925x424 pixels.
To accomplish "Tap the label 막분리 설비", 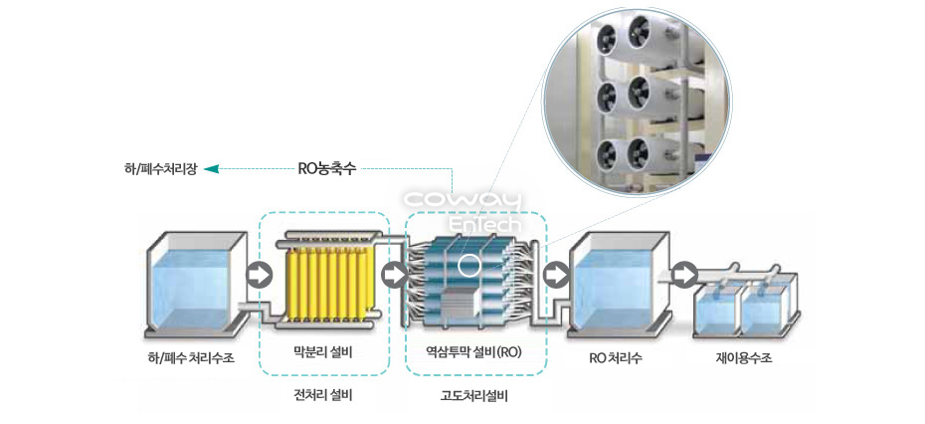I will pos(323,352).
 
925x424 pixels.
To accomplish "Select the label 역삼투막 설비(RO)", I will pos(473,352).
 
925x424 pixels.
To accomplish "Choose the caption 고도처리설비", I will pos(474,395).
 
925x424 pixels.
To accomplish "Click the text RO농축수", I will pos(327,169).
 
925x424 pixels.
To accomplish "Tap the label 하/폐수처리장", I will pos(164,170).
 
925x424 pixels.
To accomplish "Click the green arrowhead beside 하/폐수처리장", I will pos(212,170).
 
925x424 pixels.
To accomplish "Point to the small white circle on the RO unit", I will pos(469,266).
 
